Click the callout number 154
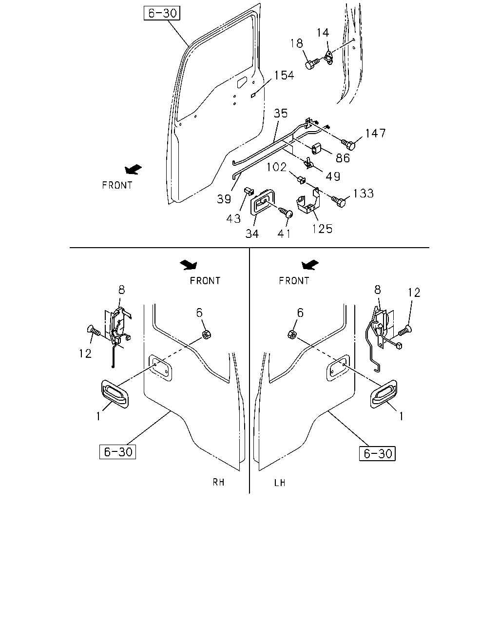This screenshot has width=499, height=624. click(x=284, y=75)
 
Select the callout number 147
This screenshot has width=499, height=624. click(x=376, y=134)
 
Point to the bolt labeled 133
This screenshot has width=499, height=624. click(x=339, y=201)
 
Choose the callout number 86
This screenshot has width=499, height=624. click(x=343, y=158)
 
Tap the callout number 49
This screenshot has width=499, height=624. click(x=333, y=176)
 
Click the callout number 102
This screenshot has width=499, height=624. click(x=276, y=167)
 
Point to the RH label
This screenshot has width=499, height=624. click(x=218, y=482)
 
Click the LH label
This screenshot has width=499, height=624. click(x=280, y=483)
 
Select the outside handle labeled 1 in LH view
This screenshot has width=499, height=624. click(x=384, y=394)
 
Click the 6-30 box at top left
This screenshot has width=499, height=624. click(x=162, y=13)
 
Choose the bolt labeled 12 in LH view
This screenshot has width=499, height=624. click(x=405, y=331)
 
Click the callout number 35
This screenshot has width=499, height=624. click(x=280, y=114)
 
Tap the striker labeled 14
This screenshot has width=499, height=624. click(x=329, y=58)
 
